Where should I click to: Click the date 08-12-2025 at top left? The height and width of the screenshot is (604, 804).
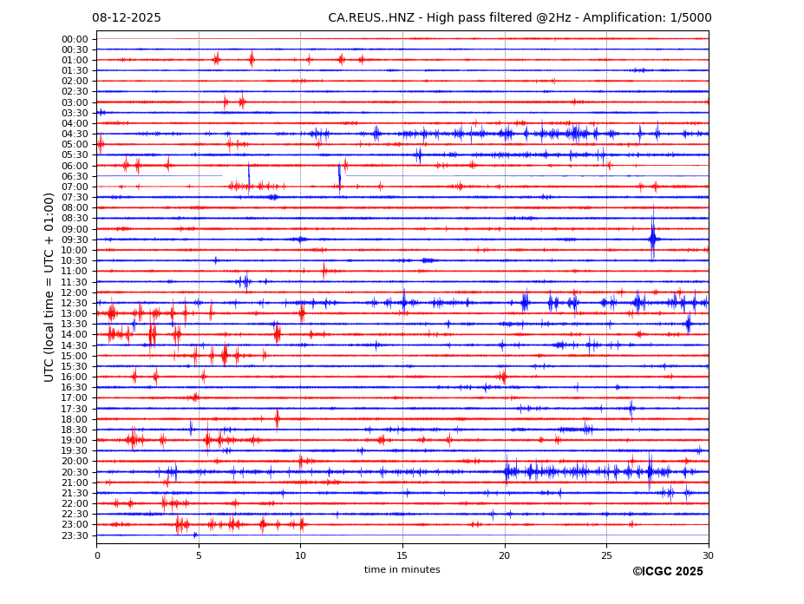click(x=127, y=18)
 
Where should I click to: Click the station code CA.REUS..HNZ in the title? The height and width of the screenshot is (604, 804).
click(x=369, y=18)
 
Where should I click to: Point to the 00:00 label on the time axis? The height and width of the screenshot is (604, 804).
click(x=75, y=39)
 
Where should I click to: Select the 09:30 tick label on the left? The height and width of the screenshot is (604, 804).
click(x=75, y=240)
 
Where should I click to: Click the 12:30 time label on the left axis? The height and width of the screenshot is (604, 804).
click(x=75, y=303)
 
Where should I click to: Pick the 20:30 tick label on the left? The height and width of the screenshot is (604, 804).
click(x=75, y=472)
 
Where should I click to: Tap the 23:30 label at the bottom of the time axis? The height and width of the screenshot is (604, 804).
click(x=75, y=535)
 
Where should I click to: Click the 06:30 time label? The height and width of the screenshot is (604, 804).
click(x=75, y=176)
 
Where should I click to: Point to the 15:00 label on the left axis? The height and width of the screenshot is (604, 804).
click(x=75, y=356)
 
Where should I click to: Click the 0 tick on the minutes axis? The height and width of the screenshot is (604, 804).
click(x=97, y=555)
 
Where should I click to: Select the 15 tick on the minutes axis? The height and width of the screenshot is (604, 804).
click(x=402, y=555)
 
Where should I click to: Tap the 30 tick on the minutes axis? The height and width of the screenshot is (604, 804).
click(x=708, y=555)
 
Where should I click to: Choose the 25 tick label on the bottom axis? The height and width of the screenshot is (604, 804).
click(x=606, y=555)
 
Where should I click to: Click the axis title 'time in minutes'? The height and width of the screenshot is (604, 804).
click(x=402, y=570)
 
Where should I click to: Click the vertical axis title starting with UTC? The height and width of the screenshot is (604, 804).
click(x=50, y=286)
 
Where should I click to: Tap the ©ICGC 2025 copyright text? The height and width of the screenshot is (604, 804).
click(x=667, y=572)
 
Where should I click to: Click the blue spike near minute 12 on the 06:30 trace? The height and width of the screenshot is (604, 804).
click(x=339, y=174)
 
